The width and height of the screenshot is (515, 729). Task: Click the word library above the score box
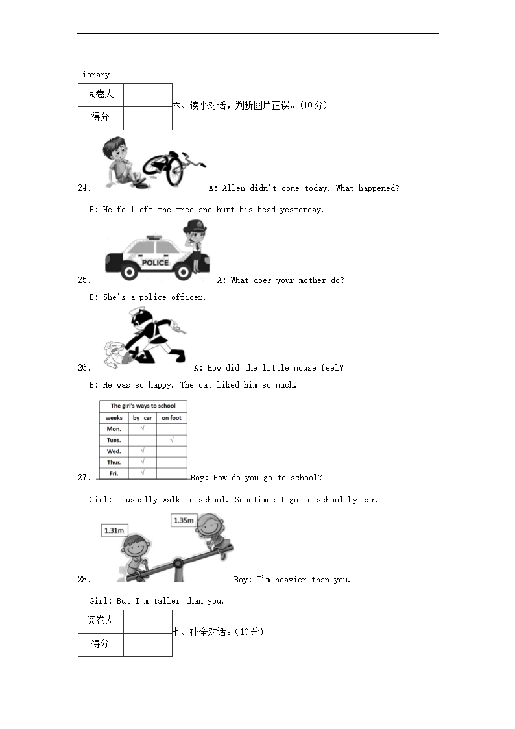point(94,75)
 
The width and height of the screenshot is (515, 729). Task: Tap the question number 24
point(84,188)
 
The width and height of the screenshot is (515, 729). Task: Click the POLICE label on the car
point(155,263)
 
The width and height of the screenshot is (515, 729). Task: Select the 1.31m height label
point(114,530)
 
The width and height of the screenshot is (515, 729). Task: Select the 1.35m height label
point(184,520)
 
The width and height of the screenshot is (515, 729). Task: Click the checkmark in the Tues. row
point(172,439)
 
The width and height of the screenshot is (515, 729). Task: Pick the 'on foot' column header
point(171,418)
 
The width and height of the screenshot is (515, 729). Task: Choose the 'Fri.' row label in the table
point(114,473)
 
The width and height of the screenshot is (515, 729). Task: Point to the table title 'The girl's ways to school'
point(143,406)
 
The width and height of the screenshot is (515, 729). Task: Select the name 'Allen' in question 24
point(234,188)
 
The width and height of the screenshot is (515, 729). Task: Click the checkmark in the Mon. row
point(143,428)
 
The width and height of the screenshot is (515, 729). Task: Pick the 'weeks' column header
point(114,418)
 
